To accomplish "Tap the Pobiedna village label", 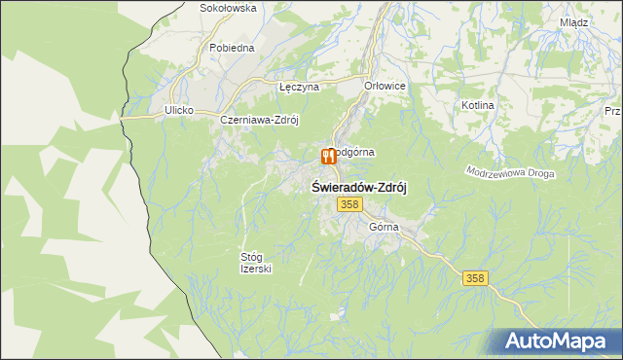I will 231,47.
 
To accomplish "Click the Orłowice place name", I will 385,86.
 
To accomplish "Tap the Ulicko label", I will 181,111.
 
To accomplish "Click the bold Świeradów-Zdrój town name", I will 358,187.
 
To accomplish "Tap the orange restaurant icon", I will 328,157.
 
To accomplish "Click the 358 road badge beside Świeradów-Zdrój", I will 350,204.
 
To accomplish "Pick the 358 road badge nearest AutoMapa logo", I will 474,278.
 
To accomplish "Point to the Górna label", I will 385,227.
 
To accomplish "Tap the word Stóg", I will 252,257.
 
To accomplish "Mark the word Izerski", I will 256,269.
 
